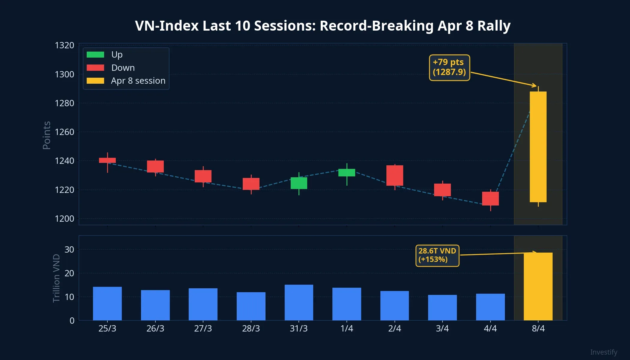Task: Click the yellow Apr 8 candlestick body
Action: (538, 147)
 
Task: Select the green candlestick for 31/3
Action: (299, 183)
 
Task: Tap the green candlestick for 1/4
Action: (347, 172)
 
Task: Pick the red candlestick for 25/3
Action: (107, 160)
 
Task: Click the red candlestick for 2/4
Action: (394, 175)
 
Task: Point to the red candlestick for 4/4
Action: (490, 199)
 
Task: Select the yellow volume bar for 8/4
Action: (538, 286)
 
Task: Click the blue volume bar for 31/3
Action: (299, 302)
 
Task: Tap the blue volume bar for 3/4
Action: (442, 307)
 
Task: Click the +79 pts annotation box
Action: (449, 67)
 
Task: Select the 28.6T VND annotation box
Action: (437, 255)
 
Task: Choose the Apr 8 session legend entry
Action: (126, 81)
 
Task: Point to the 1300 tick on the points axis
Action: (64, 74)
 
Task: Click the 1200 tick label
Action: (64, 218)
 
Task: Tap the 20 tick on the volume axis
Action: (69, 273)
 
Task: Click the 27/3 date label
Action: (203, 328)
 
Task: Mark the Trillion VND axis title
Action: (56, 278)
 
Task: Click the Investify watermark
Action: (604, 352)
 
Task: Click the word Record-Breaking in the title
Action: (376, 26)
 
